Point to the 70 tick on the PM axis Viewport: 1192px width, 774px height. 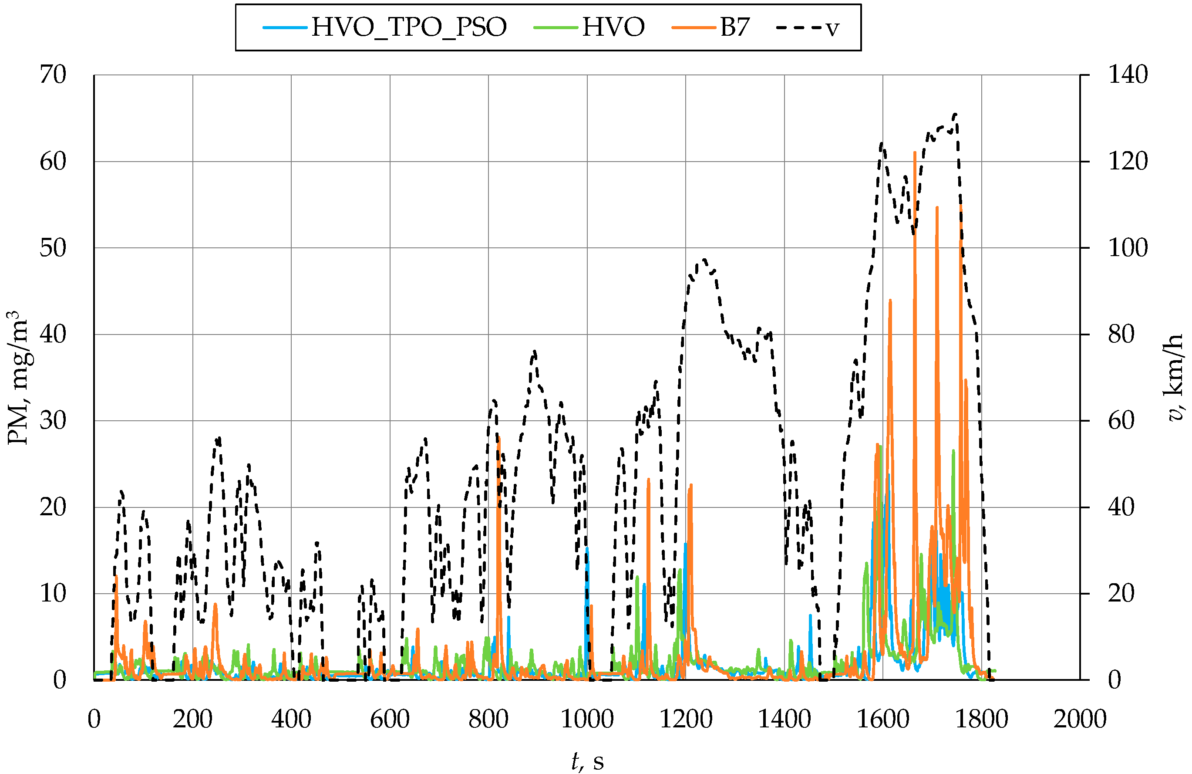(53, 75)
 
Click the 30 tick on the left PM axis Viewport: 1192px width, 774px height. (53, 421)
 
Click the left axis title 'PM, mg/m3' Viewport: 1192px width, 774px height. (19, 378)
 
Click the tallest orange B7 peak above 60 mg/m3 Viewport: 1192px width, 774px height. (915, 152)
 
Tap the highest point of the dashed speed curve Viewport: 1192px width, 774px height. (956, 114)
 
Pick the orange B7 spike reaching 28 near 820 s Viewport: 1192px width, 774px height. (499, 438)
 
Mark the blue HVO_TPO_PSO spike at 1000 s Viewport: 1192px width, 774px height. (587, 548)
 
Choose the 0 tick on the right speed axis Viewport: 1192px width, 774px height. (1115, 680)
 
